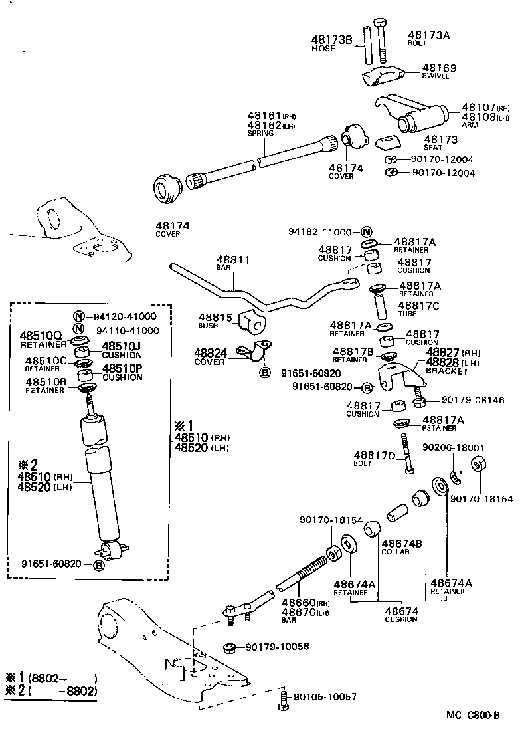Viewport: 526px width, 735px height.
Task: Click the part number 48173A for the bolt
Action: coord(428,35)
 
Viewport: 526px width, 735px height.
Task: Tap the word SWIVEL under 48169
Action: coord(435,76)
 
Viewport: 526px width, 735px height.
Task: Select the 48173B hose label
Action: coord(332,40)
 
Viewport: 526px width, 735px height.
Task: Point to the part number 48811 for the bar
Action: coord(232,259)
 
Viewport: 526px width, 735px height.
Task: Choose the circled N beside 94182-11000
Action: coord(367,232)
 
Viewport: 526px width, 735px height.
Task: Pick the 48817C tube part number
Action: coord(419,305)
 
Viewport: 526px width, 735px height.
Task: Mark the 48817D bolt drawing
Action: coord(406,452)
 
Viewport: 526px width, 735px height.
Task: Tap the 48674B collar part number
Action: coord(401,543)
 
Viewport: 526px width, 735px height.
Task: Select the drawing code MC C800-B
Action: coord(473,715)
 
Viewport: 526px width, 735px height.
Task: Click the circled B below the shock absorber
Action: coord(98,565)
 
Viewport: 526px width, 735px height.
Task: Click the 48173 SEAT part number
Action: coord(441,139)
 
